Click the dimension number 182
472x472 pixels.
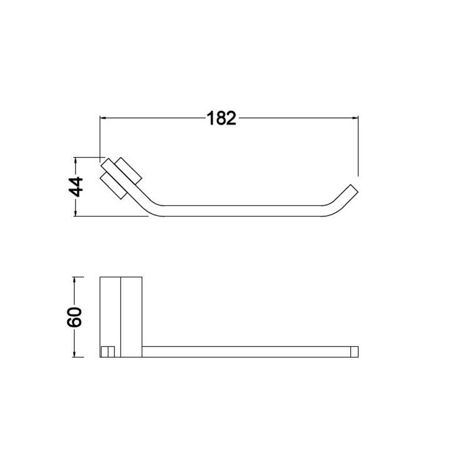[222, 119]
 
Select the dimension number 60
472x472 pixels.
[74, 317]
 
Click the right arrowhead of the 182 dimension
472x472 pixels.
[355, 119]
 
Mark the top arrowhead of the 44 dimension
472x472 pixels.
[76, 161]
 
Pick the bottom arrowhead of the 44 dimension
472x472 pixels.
[76, 212]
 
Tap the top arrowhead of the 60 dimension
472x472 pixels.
[74, 281]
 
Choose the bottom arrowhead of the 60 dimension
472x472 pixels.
[74, 353]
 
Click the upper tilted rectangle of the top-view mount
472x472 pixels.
[129, 171]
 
